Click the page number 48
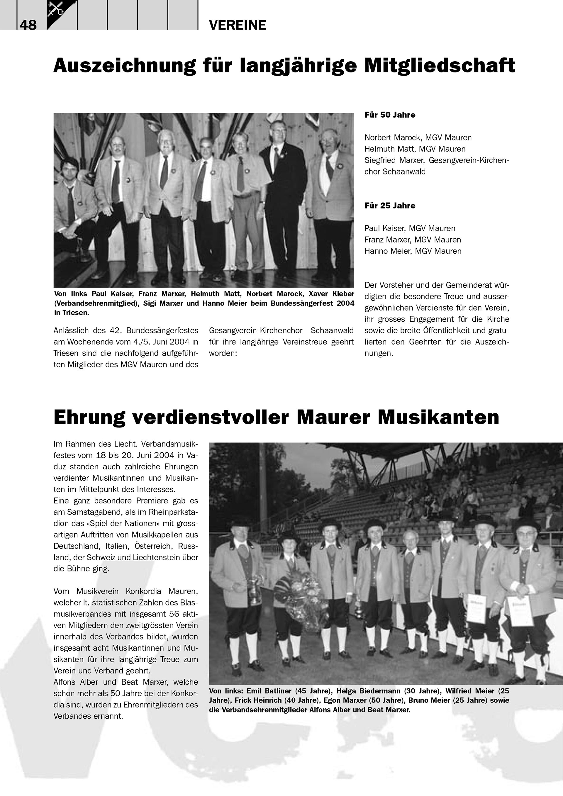coord(28,25)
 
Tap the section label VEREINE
coord(238,25)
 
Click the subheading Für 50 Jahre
coord(390,115)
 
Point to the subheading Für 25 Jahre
coord(390,206)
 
